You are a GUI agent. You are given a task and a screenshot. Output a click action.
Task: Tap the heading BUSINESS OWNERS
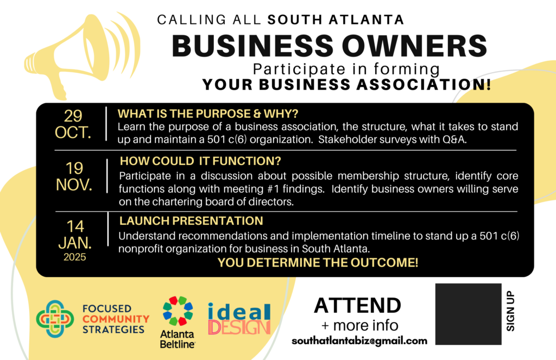(x=330, y=46)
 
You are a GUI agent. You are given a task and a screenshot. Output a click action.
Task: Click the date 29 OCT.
(x=73, y=124)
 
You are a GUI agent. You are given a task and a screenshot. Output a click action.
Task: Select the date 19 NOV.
(x=74, y=176)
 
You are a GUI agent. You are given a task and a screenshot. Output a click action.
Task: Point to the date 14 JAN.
(x=75, y=235)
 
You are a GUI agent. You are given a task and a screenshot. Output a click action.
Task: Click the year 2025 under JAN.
(x=75, y=257)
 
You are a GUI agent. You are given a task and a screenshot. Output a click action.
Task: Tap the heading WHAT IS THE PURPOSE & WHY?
(x=208, y=114)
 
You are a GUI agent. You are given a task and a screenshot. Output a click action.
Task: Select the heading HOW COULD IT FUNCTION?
(x=200, y=161)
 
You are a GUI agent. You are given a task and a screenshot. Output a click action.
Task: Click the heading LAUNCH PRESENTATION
(x=191, y=221)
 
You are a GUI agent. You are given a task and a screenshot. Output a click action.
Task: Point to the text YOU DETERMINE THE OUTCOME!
(x=318, y=262)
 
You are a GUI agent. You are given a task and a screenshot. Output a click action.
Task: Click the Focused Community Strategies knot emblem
(x=55, y=319)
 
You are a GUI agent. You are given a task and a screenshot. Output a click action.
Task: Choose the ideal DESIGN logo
(x=239, y=319)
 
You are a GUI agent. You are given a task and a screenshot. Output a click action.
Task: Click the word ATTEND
(x=357, y=305)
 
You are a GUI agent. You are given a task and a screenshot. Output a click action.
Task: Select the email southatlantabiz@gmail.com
(x=359, y=341)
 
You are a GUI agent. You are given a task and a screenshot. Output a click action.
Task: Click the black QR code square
(x=469, y=314)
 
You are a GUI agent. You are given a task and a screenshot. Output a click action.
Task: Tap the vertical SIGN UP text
(x=510, y=311)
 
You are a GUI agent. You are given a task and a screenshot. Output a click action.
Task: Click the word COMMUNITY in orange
(x=116, y=319)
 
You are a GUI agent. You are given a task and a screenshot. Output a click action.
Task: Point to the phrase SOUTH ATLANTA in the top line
(x=336, y=20)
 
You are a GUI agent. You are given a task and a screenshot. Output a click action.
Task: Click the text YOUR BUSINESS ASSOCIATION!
(x=347, y=84)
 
